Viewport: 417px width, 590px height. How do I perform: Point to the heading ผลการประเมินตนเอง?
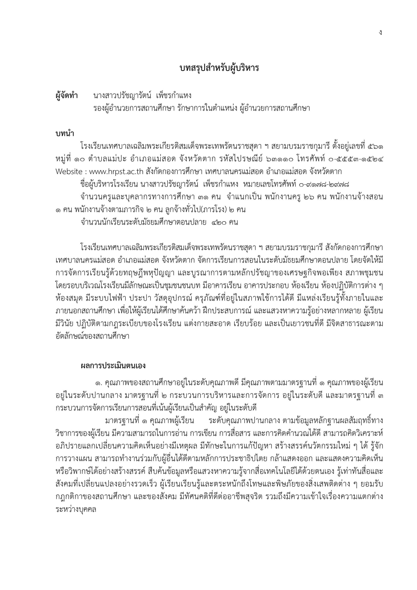[113, 366]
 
